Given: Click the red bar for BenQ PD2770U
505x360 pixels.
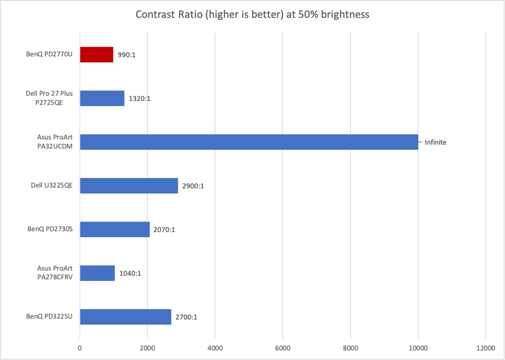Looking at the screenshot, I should [x=96, y=55].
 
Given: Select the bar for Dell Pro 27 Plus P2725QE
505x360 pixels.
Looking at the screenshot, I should [x=102, y=98].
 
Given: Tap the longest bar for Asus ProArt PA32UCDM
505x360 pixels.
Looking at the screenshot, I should [x=249, y=142].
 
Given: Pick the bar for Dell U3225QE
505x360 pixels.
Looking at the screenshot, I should [x=129, y=186].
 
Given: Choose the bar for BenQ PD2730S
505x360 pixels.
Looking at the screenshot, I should [x=115, y=230].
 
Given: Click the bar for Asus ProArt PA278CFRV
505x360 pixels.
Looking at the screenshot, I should [x=97, y=273].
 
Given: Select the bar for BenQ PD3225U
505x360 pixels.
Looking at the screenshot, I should [x=125, y=317].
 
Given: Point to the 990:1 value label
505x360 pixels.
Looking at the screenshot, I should [x=126, y=55].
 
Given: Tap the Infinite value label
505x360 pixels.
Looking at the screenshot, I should [x=435, y=143].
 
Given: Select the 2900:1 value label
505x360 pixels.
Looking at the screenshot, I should [x=193, y=186].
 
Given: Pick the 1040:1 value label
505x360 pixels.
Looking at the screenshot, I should [x=130, y=273].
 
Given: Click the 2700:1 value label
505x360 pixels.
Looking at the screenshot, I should [x=186, y=317].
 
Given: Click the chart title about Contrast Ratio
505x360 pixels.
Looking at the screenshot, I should [x=252, y=15].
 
